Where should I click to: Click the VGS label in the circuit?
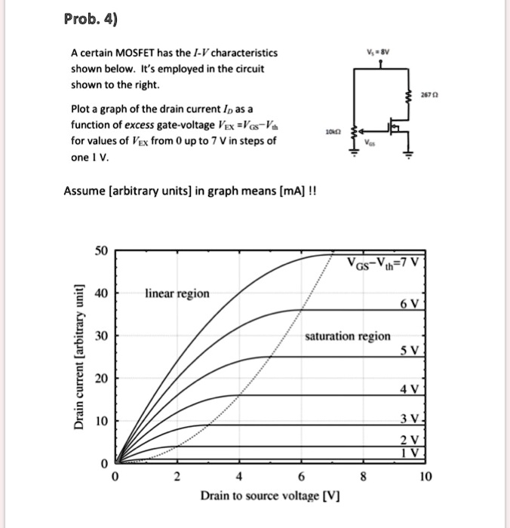(370, 143)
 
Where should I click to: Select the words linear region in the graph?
(178, 293)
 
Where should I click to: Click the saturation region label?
(348, 336)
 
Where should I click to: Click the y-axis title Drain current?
(78, 359)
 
